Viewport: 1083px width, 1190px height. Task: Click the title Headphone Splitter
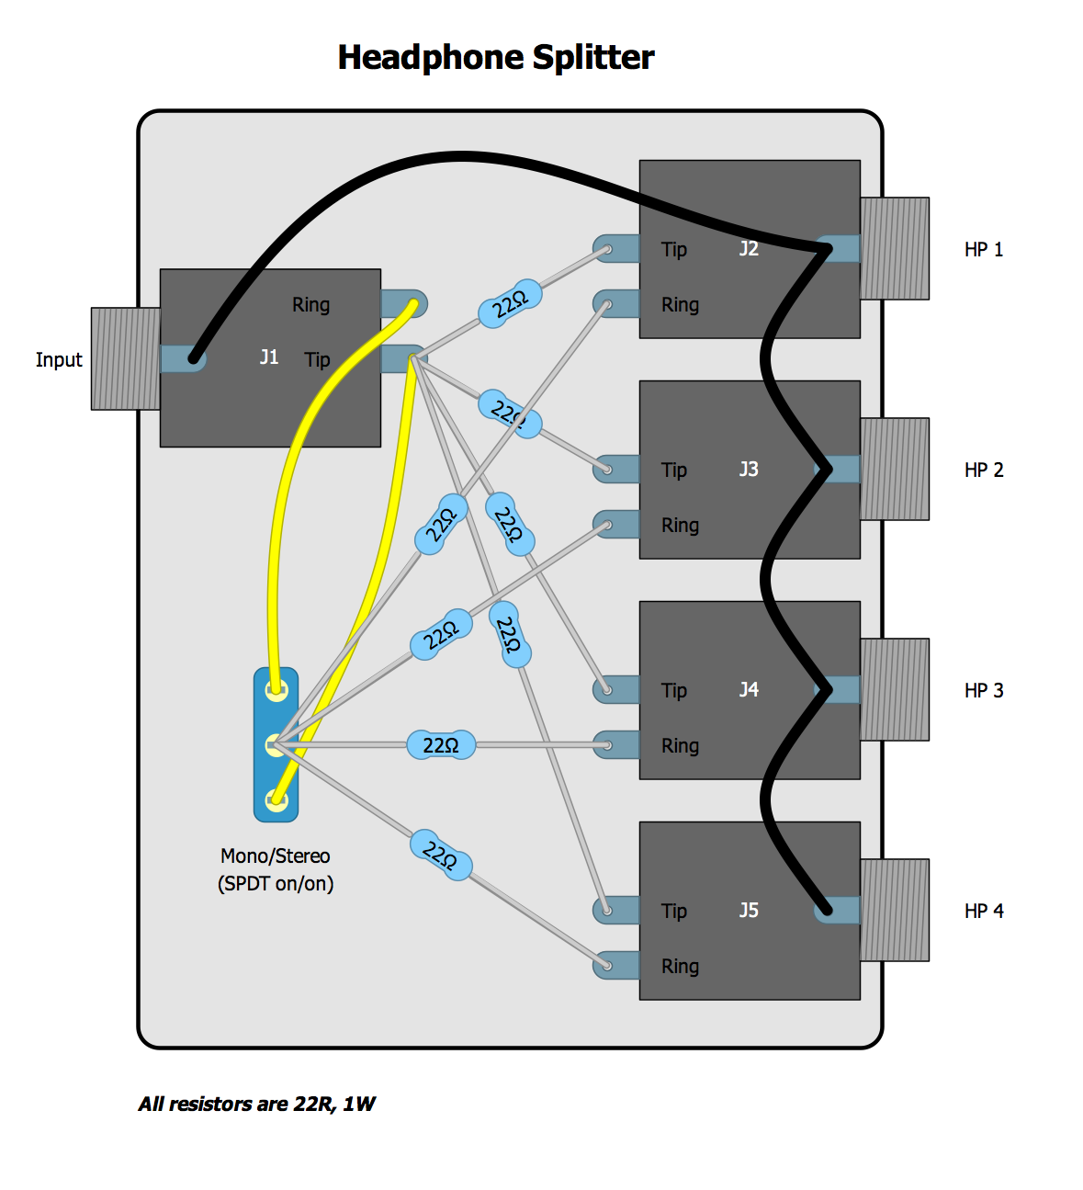(x=495, y=58)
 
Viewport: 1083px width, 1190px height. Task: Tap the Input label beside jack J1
(x=59, y=360)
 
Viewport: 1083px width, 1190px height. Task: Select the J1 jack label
(x=268, y=357)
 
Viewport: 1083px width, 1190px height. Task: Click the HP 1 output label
(x=983, y=250)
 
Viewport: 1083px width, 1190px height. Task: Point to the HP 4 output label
(x=983, y=912)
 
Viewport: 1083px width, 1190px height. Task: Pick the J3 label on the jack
(x=749, y=470)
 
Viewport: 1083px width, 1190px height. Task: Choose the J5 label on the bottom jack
(x=749, y=911)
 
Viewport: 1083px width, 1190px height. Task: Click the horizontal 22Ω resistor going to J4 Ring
(x=441, y=745)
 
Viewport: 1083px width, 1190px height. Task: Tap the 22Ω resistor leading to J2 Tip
(x=510, y=303)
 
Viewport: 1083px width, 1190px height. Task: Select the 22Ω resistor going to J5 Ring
(x=441, y=855)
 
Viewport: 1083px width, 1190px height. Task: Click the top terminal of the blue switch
(x=275, y=689)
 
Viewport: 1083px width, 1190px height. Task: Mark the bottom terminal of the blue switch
(x=275, y=799)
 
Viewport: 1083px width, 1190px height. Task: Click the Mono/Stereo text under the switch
(x=275, y=856)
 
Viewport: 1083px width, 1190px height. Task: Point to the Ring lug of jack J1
(x=404, y=303)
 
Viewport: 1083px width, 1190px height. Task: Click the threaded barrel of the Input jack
(x=125, y=358)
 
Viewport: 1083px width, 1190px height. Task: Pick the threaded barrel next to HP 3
(x=894, y=690)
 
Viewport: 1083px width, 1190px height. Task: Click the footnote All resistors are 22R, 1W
(x=256, y=1105)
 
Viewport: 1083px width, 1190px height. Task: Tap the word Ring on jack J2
(x=680, y=305)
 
